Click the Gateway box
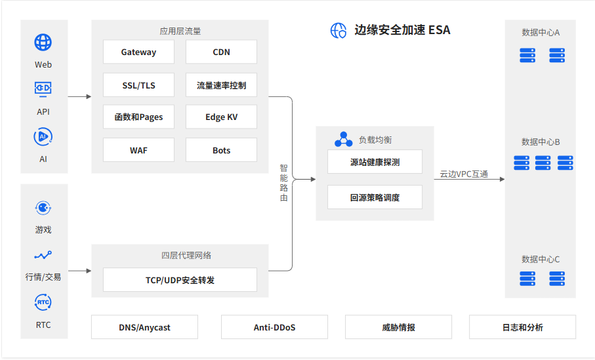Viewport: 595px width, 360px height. click(138, 52)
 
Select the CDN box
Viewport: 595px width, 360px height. click(221, 52)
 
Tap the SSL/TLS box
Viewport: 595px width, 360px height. click(138, 85)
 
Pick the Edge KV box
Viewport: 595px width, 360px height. click(221, 117)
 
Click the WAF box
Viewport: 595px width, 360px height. click(138, 150)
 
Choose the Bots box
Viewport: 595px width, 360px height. click(221, 150)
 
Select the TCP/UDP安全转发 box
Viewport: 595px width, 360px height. click(180, 280)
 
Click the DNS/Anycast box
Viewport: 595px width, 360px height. click(144, 327)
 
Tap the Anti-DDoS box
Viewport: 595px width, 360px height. click(274, 327)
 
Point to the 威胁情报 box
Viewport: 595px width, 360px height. click(398, 327)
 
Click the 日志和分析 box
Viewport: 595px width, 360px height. click(522, 327)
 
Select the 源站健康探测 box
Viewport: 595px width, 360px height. click(375, 162)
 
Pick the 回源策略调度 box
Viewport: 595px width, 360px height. click(375, 197)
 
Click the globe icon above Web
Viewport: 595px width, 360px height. click(43, 43)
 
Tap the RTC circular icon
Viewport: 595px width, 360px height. click(43, 302)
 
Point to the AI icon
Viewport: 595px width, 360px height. click(43, 136)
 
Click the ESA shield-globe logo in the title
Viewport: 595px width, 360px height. click(338, 30)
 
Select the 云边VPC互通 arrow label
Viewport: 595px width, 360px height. click(464, 174)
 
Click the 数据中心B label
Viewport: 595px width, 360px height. click(541, 142)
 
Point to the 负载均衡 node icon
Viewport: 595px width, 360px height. click(343, 140)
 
